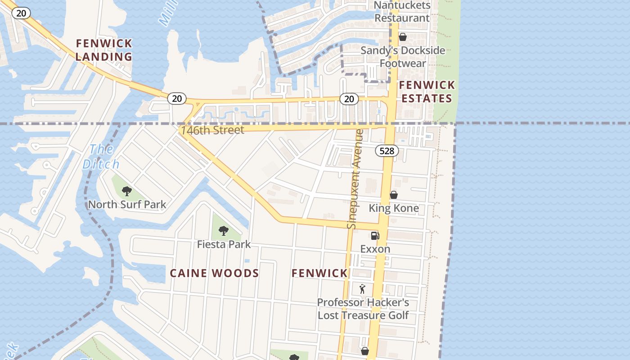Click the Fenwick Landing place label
[104, 50]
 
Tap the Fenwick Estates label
[427, 91]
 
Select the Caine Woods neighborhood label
[214, 273]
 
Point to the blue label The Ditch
[101, 156]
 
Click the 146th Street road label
[212, 130]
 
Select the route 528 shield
[387, 151]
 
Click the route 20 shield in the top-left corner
[21, 13]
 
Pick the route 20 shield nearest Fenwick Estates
[349, 99]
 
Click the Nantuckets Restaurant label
[402, 12]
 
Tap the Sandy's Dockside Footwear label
[403, 57]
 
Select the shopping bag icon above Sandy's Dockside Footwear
[403, 37]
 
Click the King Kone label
[394, 208]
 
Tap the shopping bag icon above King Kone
[393, 195]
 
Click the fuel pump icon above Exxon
[375, 235]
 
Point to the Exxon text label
[375, 249]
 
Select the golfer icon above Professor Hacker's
[363, 289]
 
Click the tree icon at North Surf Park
[127, 191]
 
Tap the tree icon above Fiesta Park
[223, 231]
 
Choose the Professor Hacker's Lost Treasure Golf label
[363, 309]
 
